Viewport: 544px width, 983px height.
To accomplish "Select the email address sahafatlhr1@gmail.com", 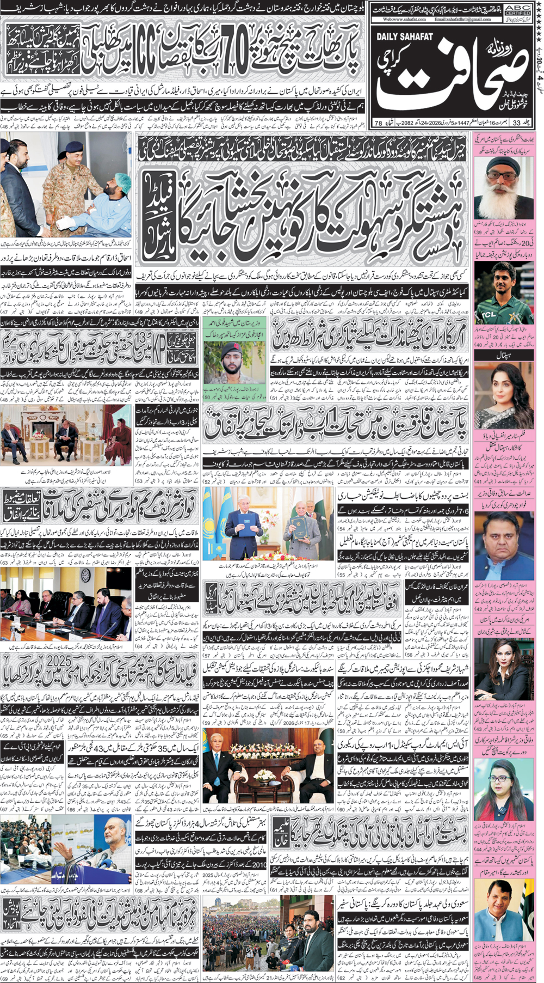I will coord(462,19).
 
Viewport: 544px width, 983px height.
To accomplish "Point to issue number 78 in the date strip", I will coord(378,124).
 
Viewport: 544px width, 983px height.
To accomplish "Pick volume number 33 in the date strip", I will coord(517,124).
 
